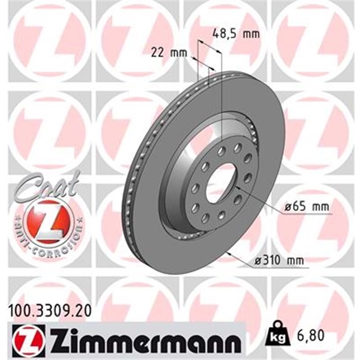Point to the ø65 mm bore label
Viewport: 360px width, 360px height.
307,207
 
